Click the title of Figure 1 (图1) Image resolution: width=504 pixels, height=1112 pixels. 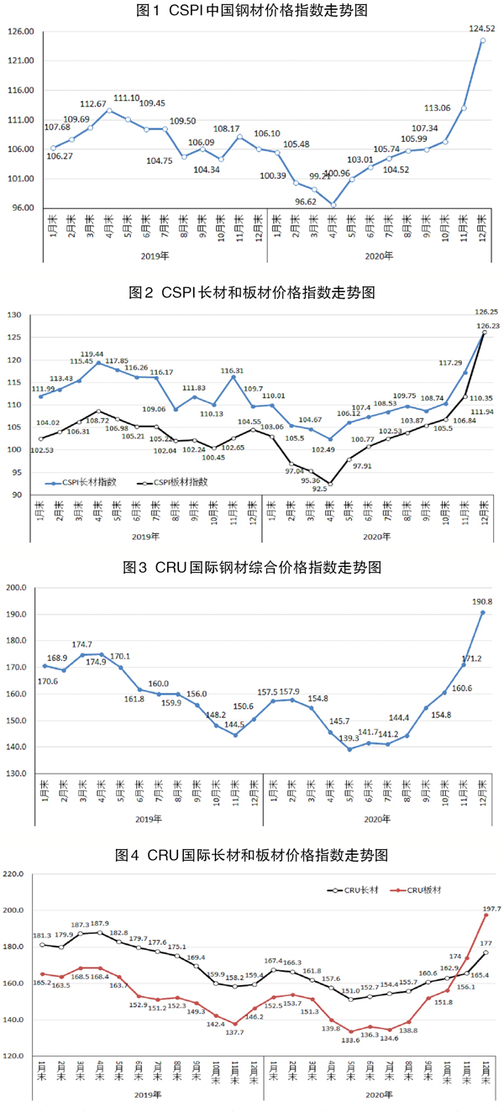click(252, 11)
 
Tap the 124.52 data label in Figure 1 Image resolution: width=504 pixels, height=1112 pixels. click(481, 29)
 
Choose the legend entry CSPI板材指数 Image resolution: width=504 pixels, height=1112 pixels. click(181, 483)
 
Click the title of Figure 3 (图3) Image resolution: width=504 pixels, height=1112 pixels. click(252, 568)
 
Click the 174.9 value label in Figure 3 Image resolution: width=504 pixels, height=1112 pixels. click(102, 663)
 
